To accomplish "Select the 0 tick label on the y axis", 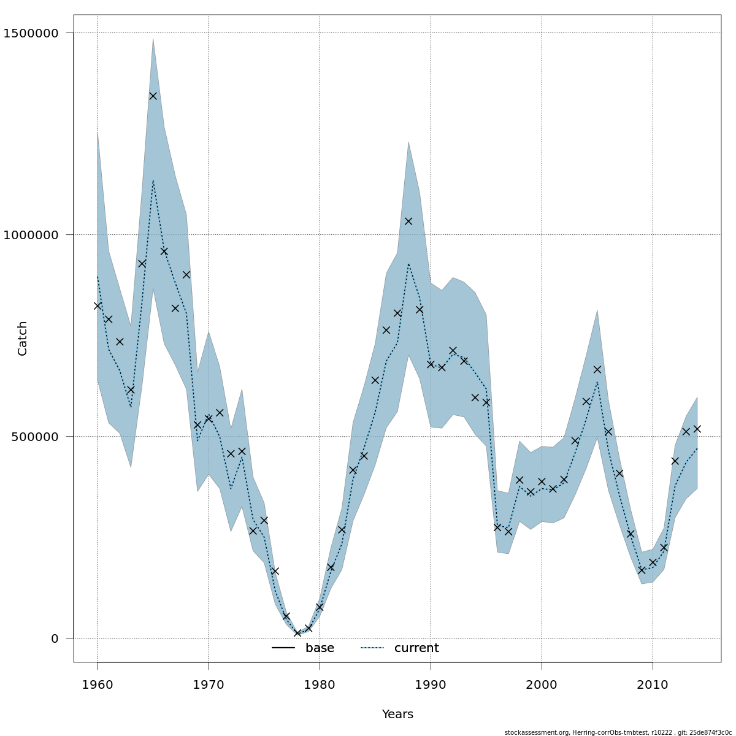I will click(55, 638).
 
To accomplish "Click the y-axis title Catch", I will click(23, 338).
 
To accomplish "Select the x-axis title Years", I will click(397, 715).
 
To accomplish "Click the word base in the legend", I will click(320, 648).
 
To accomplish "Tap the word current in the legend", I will click(416, 648).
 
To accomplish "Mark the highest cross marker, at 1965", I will click(153, 96).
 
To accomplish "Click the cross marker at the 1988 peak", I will click(408, 221).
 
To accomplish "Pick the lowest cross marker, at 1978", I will click(297, 633).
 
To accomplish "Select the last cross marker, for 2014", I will click(697, 429).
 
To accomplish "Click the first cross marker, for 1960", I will click(98, 305).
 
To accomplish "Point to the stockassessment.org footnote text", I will click(618, 732).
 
